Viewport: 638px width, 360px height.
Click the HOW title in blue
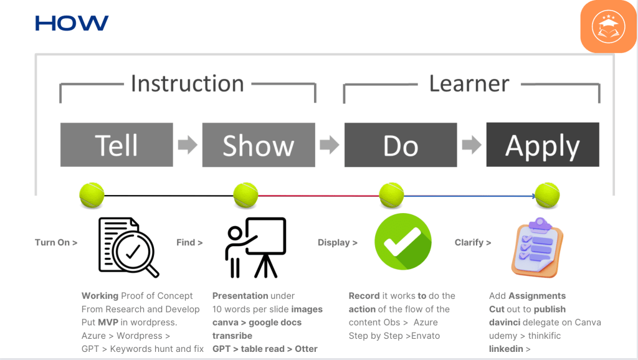[72, 23]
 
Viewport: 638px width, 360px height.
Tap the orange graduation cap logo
[608, 26]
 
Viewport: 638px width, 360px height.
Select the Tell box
[117, 145]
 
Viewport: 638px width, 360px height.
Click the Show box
[259, 145]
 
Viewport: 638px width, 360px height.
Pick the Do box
[401, 145]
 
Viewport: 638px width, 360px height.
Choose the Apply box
[543, 145]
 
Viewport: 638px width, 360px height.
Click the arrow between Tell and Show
[188, 145]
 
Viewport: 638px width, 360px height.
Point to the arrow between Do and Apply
[472, 145]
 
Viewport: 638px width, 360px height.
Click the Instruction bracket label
[188, 83]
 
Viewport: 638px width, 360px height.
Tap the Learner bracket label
[469, 83]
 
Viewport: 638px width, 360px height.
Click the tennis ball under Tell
[92, 195]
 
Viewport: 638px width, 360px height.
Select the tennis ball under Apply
[547, 195]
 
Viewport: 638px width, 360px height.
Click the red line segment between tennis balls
[318, 196]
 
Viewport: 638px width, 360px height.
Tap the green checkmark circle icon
[403, 242]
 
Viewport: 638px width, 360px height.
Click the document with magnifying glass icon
[128, 247]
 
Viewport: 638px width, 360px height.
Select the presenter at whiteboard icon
[255, 247]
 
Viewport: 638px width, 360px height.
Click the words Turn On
[52, 242]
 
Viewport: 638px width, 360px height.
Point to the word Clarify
[469, 242]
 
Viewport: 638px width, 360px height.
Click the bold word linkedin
[506, 349]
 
